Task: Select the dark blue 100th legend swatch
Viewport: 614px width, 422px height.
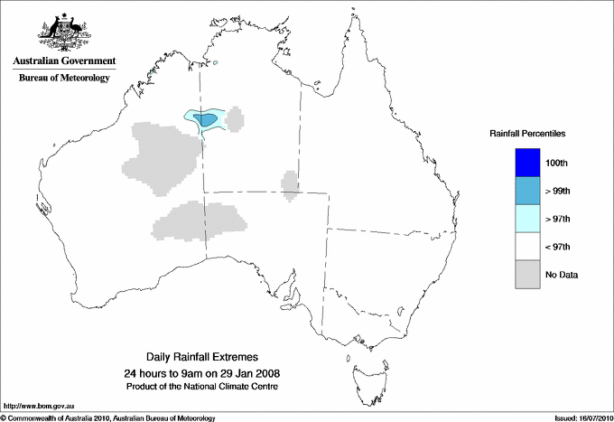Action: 527,162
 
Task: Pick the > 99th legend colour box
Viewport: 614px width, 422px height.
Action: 527,190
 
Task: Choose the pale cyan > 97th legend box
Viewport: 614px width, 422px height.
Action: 527,218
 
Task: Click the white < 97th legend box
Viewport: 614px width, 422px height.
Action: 527,246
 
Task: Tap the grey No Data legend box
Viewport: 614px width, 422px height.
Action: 527,274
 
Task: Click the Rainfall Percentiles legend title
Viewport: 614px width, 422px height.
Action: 527,134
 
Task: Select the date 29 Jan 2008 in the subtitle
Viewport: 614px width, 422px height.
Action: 251,373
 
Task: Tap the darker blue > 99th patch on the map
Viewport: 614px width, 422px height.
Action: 207,119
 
